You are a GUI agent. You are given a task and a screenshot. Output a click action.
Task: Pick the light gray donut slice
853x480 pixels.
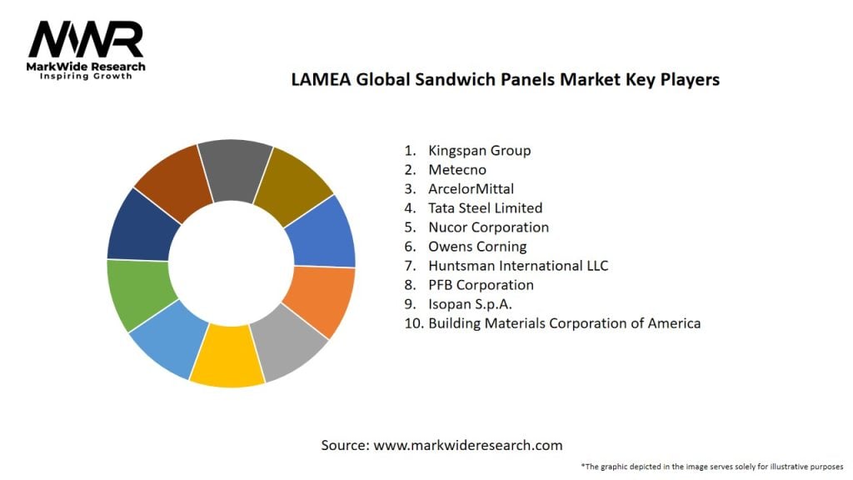click(x=288, y=343)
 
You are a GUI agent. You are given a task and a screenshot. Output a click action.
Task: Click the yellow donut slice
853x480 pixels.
click(x=227, y=357)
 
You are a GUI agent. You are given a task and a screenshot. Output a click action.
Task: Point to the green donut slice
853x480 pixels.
click(x=140, y=293)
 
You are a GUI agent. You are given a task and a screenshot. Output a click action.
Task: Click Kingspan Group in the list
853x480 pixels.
click(x=479, y=151)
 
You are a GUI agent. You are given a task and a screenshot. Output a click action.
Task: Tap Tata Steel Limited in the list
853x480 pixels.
click(x=485, y=208)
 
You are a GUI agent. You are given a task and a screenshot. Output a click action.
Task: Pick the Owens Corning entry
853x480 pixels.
click(x=477, y=247)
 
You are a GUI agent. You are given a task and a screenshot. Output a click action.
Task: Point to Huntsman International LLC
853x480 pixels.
click(x=518, y=266)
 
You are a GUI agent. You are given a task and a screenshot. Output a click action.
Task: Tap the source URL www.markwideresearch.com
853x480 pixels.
click(x=467, y=446)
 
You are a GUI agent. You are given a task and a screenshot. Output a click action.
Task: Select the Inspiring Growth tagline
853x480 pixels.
click(x=86, y=77)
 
